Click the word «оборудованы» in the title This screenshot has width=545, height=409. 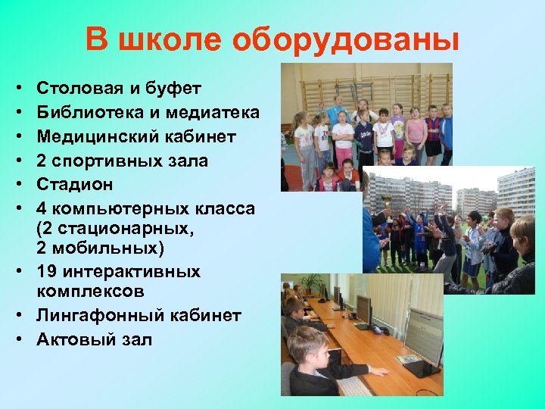[x=346, y=39]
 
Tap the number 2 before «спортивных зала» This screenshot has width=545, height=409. [x=42, y=161]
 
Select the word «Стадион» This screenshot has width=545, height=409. [x=74, y=184]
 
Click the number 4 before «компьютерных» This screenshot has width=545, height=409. [x=42, y=208]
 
